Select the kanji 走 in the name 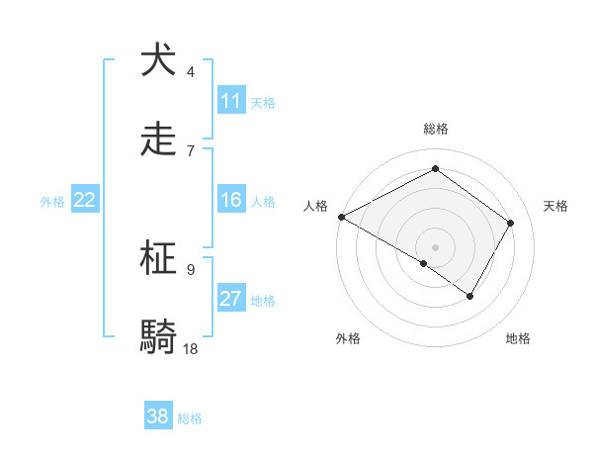[x=158, y=139]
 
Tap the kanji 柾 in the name [x=158, y=258]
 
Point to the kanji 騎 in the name [x=158, y=337]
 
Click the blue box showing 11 [x=231, y=101]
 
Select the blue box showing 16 [x=231, y=201]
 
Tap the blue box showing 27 [x=231, y=300]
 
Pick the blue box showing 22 [x=85, y=201]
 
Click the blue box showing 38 [x=158, y=417]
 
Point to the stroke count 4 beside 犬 [x=191, y=72]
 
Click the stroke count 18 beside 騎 [x=191, y=349]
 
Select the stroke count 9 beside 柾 [x=191, y=269]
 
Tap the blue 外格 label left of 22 [x=52, y=202]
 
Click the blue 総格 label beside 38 [x=190, y=418]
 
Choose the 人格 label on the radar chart [x=315, y=206]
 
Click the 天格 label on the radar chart [x=555, y=206]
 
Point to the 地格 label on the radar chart [x=518, y=338]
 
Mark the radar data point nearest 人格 [x=341, y=216]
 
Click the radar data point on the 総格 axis [x=435, y=169]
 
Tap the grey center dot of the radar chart [x=435, y=246]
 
